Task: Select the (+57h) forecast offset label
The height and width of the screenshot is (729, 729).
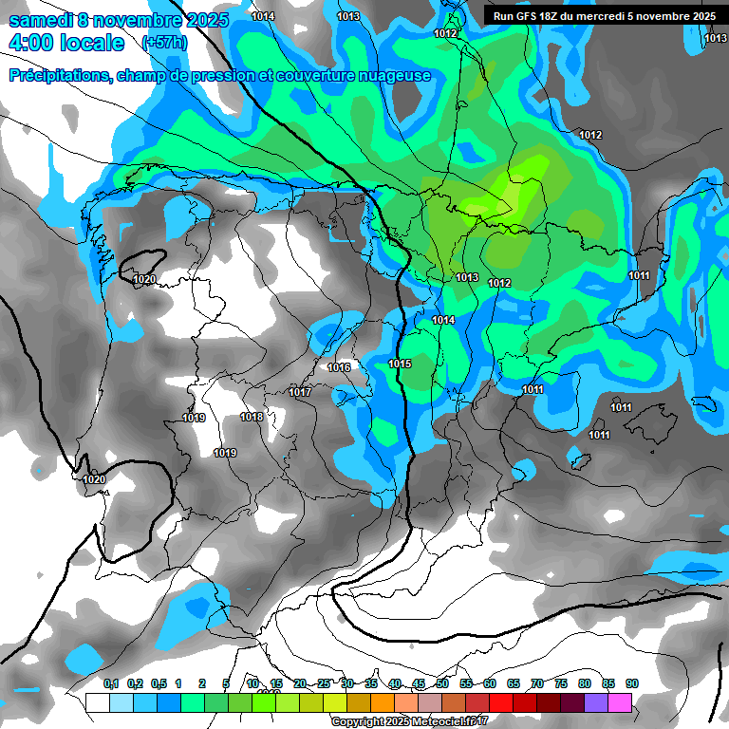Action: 164,43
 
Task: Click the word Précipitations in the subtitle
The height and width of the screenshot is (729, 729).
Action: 56,75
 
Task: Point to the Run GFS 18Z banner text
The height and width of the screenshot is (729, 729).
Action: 600,16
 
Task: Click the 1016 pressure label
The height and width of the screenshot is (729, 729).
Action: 339,367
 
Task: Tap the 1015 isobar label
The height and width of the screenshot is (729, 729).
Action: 400,364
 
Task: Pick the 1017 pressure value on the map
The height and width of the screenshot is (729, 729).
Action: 300,392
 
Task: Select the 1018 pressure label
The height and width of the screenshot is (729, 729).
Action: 252,417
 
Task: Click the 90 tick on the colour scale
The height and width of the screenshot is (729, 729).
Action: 632,683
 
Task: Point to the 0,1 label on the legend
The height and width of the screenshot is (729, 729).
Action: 110,683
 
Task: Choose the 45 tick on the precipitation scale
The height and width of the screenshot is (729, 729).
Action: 419,683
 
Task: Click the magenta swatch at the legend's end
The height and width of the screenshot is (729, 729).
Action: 620,702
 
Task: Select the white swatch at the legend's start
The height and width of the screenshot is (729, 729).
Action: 97,702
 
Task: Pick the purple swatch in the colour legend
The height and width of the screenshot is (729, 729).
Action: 596,702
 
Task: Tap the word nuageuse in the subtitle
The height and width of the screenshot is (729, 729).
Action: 391,75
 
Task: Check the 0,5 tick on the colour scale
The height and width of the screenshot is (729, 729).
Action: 158,683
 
